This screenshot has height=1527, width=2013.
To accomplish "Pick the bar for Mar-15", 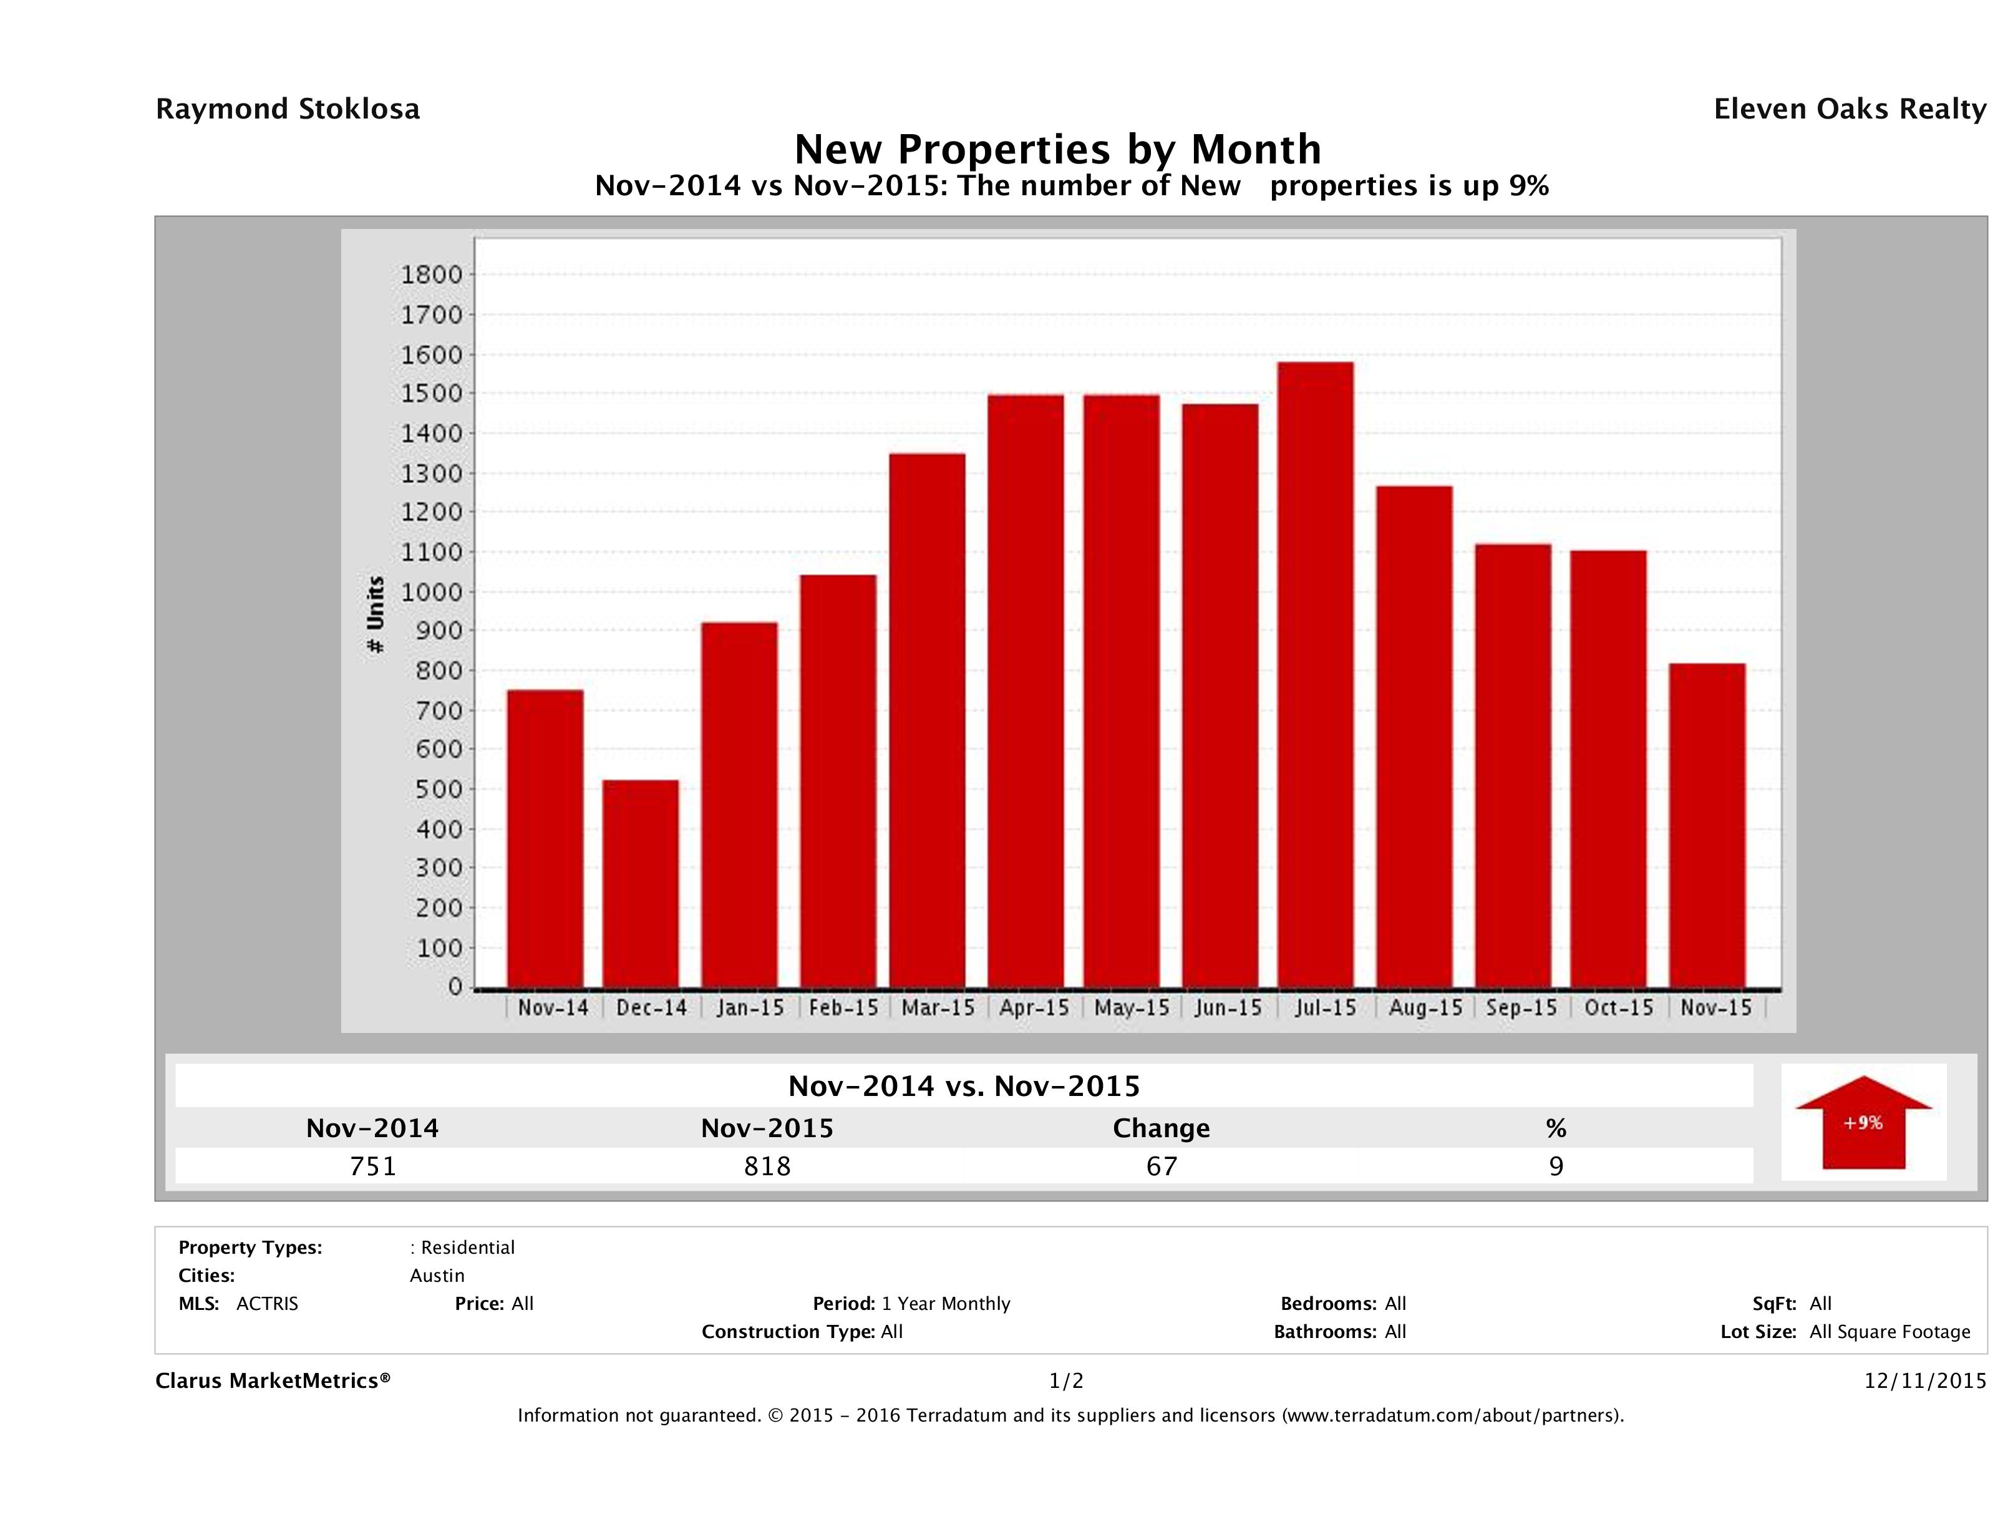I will pos(928,720).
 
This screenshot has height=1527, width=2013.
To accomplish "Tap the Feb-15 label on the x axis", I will pos(843,1008).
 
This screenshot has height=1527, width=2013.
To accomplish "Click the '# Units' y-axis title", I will pos(375,615).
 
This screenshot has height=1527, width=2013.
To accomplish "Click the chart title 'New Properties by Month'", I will pos(1057,149).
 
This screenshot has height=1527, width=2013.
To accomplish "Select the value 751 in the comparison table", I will pos(373,1166).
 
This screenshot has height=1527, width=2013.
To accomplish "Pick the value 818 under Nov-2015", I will pos(767,1166).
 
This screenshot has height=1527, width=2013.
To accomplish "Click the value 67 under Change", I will pos(1162,1166).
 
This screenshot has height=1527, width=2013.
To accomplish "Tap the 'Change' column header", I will pos(1162,1128).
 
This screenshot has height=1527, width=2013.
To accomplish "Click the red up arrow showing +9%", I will pos(1863,1122).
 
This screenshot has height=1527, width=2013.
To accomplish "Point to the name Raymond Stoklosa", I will pos(288,109).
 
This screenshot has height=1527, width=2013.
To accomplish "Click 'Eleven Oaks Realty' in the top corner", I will pos(1849,109).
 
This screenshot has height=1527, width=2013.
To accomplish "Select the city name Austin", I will pos(437,1276).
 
